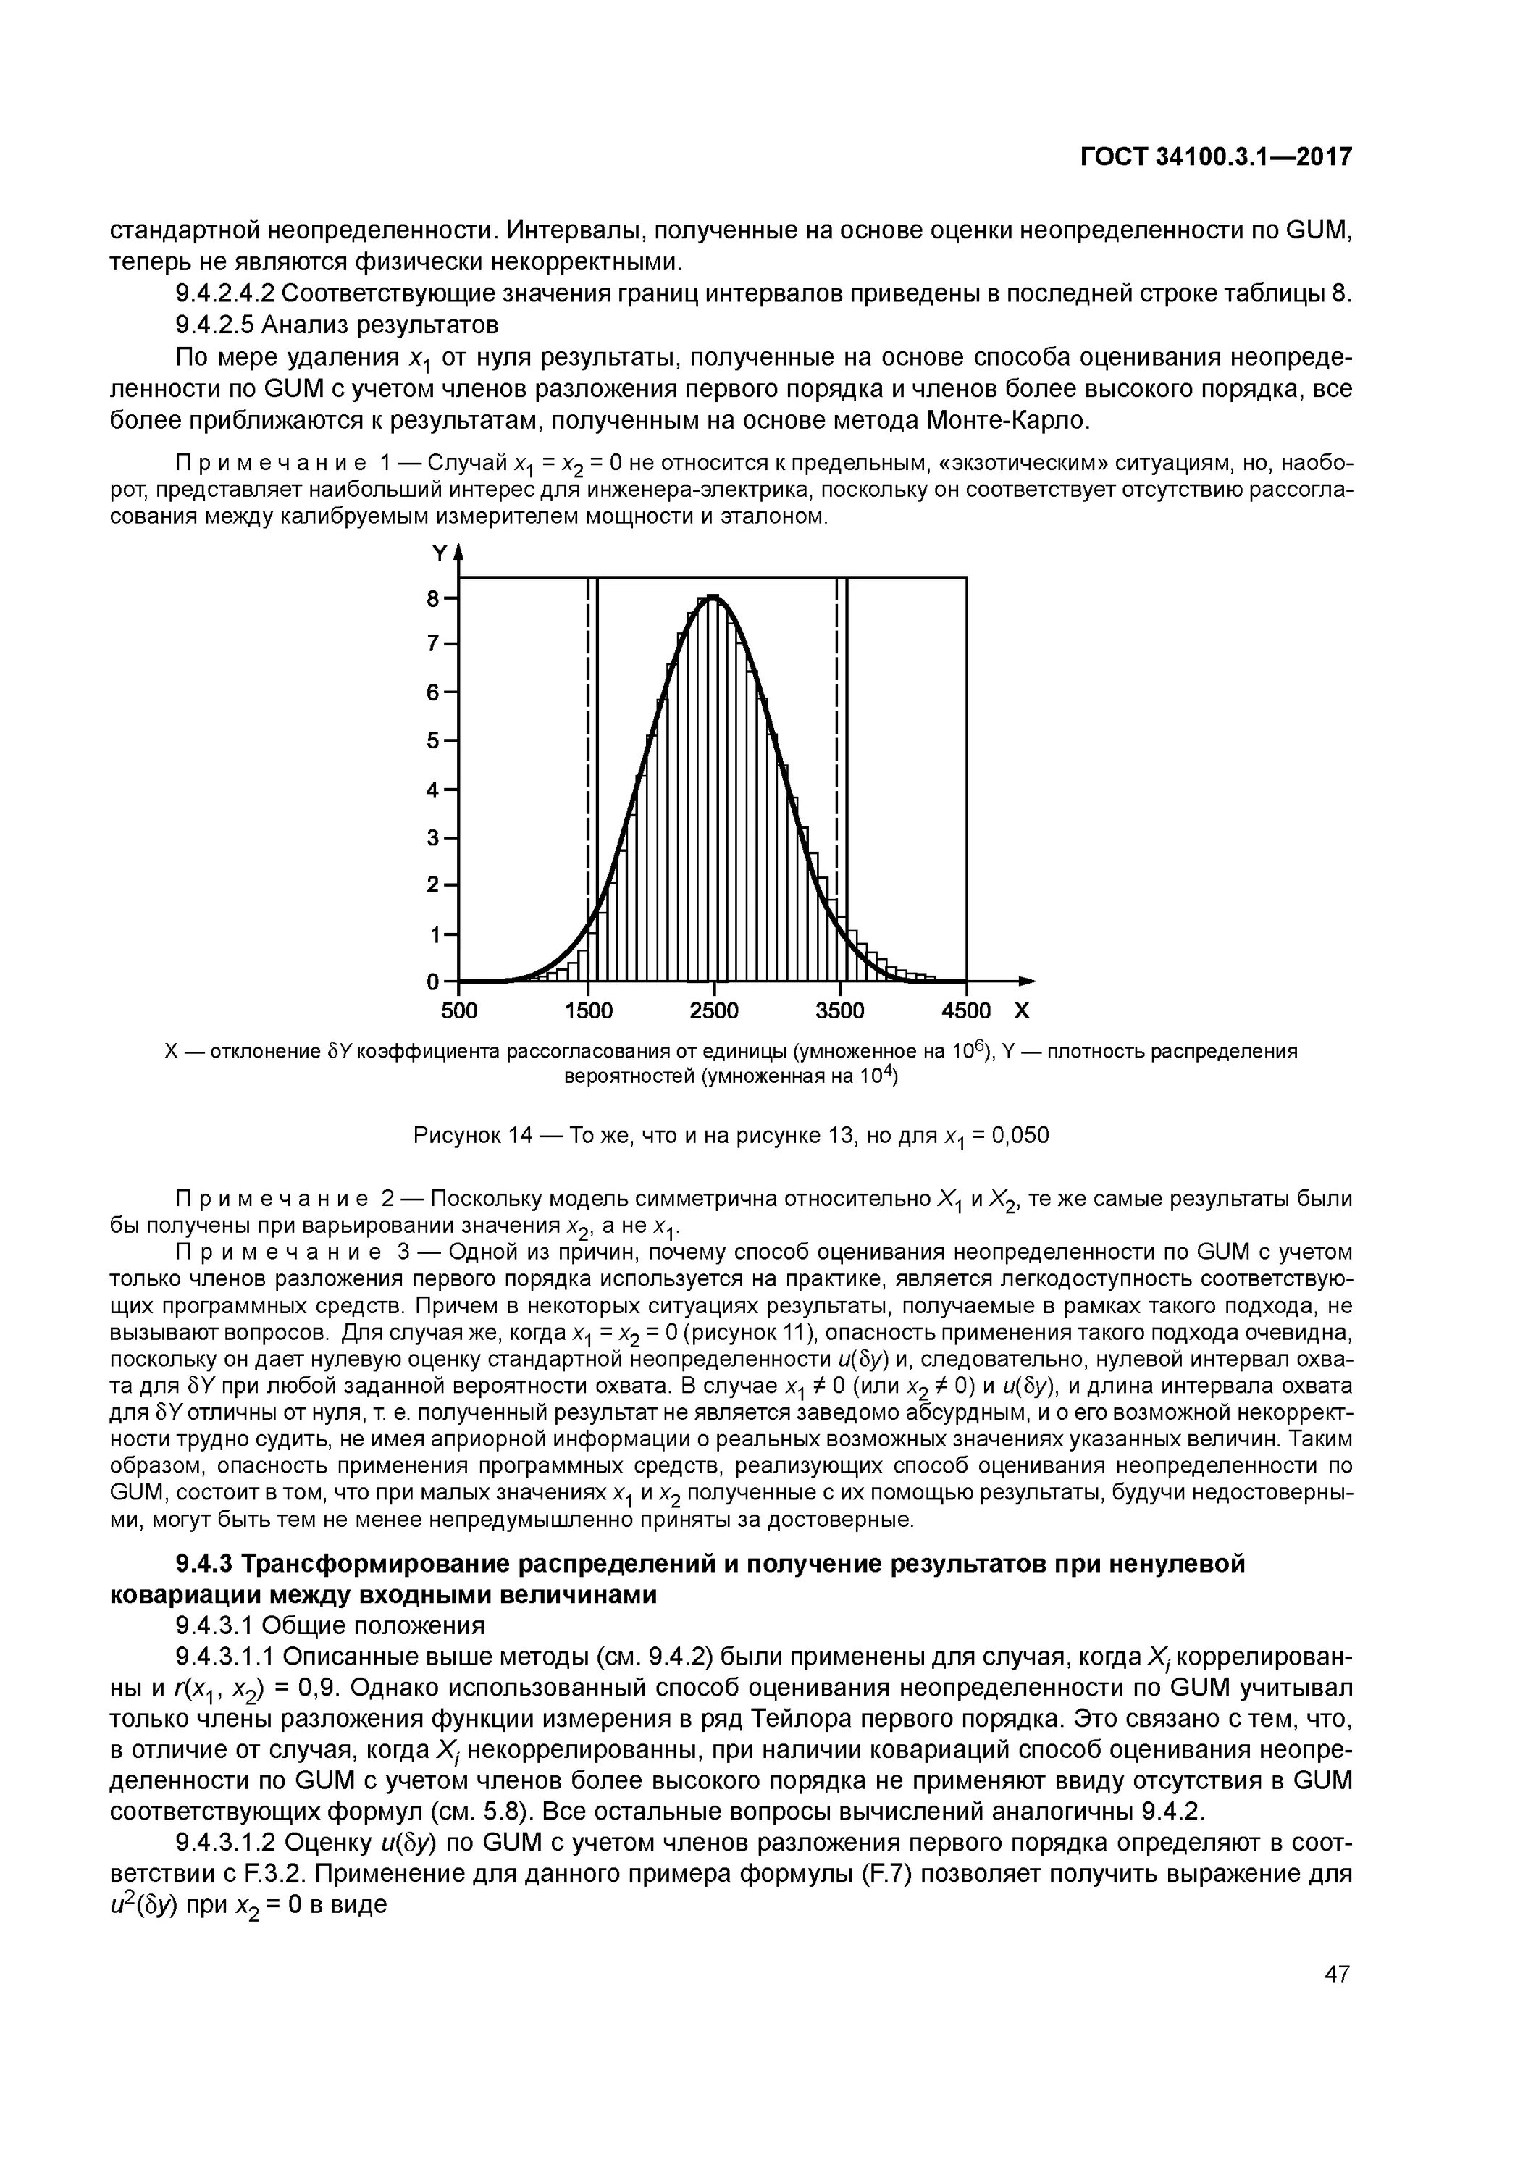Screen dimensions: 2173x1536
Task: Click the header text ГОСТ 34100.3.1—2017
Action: [x=1215, y=157]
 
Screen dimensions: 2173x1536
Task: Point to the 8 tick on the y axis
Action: [x=435, y=598]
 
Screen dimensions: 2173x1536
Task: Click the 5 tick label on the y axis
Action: [x=435, y=740]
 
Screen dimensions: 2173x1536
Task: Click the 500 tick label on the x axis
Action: [x=460, y=1010]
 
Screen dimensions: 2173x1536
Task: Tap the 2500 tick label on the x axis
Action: [x=713, y=1010]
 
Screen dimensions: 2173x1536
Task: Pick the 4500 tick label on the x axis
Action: [x=965, y=1010]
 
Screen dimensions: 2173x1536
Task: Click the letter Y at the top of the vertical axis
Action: [x=439, y=553]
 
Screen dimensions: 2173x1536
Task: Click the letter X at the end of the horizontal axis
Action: [x=1022, y=1010]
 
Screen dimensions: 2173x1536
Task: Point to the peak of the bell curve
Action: [x=713, y=596]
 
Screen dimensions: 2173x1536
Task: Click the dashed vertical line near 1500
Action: [x=588, y=757]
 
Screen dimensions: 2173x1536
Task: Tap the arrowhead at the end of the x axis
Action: [x=1029, y=981]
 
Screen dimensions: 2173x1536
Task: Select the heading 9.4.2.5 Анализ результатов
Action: [x=337, y=325]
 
